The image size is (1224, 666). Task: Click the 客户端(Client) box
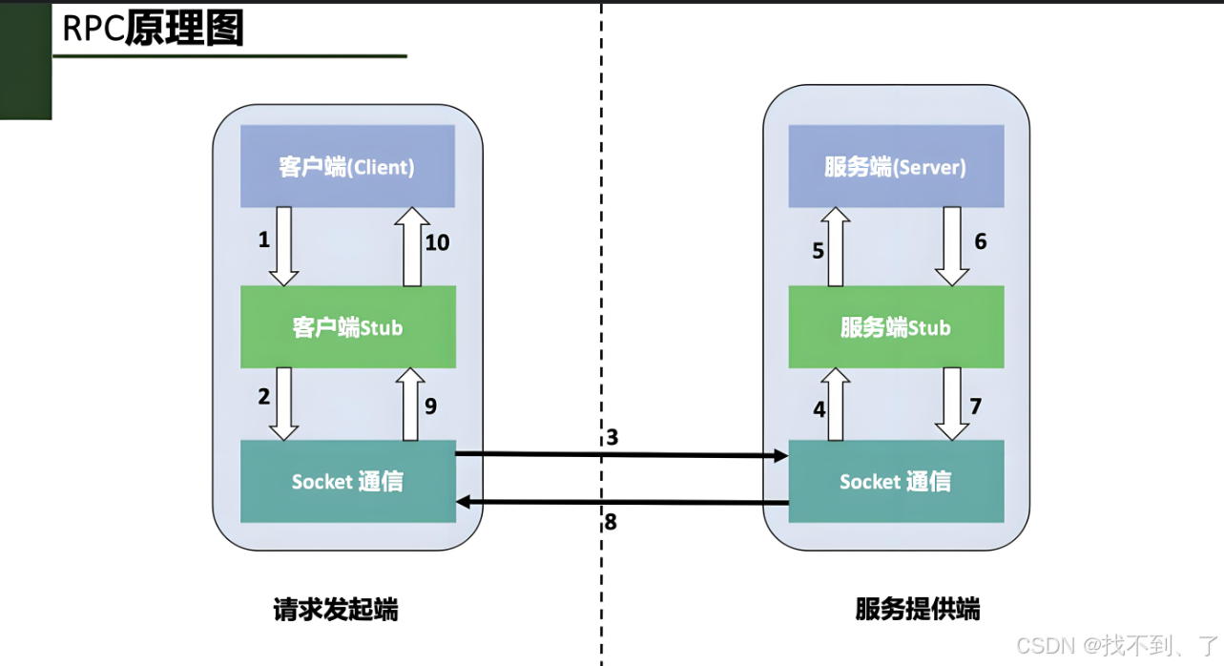pyautogui.click(x=347, y=167)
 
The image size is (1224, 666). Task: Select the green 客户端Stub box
pyautogui.click(x=347, y=327)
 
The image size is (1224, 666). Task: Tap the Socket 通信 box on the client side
pyautogui.click(x=347, y=481)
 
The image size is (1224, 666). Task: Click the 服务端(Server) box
pyautogui.click(x=896, y=167)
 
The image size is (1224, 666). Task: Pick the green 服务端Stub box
pyautogui.click(x=896, y=327)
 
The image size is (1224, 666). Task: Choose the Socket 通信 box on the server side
pyautogui.click(x=896, y=481)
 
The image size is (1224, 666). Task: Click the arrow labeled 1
pyautogui.click(x=284, y=246)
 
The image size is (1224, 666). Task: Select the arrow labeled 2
pyautogui.click(x=284, y=405)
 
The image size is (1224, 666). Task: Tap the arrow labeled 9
pyautogui.click(x=410, y=405)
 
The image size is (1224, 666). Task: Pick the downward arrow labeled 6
pyautogui.click(x=952, y=246)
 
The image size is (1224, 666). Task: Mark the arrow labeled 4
pyautogui.click(x=836, y=405)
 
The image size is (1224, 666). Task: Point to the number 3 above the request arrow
pyautogui.click(x=612, y=438)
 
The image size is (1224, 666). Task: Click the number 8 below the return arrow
pyautogui.click(x=611, y=522)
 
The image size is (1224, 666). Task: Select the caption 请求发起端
pyautogui.click(x=335, y=610)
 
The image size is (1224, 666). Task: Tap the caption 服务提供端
pyautogui.click(x=918, y=610)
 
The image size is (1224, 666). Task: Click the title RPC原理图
pyautogui.click(x=153, y=30)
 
